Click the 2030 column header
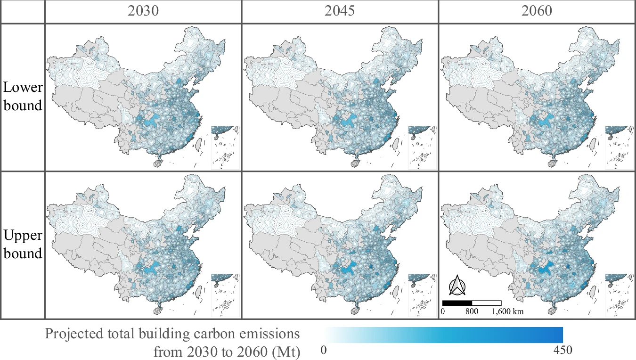pyautogui.click(x=143, y=11)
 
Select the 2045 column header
pyautogui.click(x=340, y=11)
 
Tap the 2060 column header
pyautogui.click(x=537, y=11)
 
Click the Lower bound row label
pyautogui.click(x=23, y=96)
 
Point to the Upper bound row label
pyautogui.click(x=23, y=244)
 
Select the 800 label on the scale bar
pyautogui.click(x=472, y=311)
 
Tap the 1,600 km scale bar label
pyautogui.click(x=508, y=311)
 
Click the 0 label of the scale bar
pyautogui.click(x=443, y=311)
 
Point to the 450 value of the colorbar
pyautogui.click(x=563, y=350)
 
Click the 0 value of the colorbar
pyautogui.click(x=324, y=350)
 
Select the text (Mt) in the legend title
pyautogui.click(x=285, y=352)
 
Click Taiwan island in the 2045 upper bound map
pyautogui.click(x=395, y=289)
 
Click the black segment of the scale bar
pyautogui.click(x=457, y=303)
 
